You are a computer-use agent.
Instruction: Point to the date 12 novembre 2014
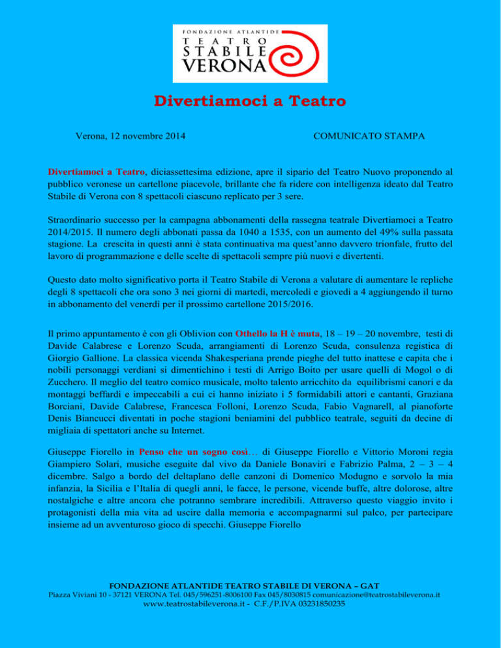[x=144, y=137]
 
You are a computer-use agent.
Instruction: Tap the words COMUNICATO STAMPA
[x=369, y=137]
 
